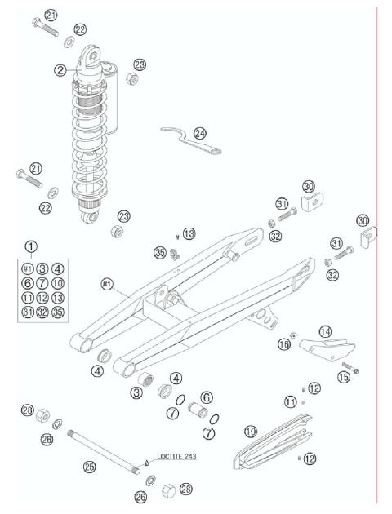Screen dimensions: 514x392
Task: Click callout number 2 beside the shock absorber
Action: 60,71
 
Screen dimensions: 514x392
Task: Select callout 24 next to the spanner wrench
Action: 200,133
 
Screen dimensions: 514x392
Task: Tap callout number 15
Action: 343,377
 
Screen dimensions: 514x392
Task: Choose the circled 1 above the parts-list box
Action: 30,246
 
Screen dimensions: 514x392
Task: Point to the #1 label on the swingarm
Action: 106,283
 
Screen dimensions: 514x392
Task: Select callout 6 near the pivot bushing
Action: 207,396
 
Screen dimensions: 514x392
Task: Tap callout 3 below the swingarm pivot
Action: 135,393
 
